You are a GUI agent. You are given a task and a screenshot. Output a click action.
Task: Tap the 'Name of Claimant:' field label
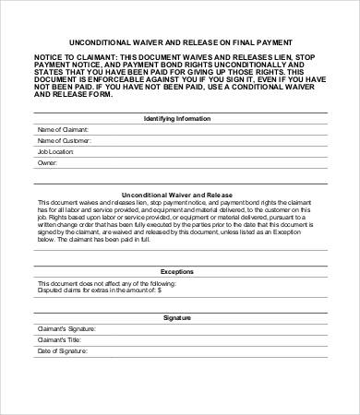[x=63, y=131]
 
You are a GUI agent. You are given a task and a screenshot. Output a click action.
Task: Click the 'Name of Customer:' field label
[x=64, y=141]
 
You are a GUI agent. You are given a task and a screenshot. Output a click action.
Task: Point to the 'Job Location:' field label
[x=55, y=151]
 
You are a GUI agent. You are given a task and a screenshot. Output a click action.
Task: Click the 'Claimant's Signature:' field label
[x=66, y=328]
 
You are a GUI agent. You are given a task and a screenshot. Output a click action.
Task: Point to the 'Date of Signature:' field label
[x=62, y=350]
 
